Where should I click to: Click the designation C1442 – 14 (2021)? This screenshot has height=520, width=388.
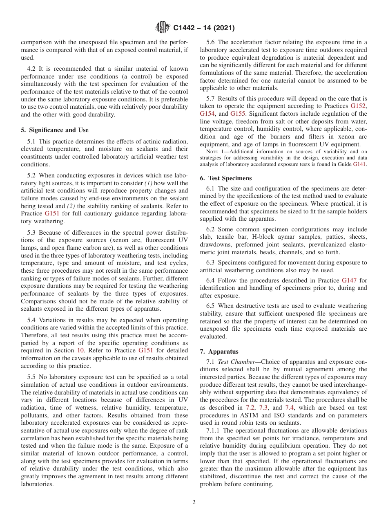coord(204,28)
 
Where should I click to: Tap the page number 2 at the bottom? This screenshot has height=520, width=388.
coord(194,502)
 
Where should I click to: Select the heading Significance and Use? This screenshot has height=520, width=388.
coord(54,130)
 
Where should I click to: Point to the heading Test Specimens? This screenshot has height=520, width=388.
coord(226,178)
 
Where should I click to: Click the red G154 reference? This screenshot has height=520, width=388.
coord(207,114)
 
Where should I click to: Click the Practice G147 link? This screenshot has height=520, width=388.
coord(349,280)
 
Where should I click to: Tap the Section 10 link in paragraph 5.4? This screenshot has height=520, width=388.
coord(82,350)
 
